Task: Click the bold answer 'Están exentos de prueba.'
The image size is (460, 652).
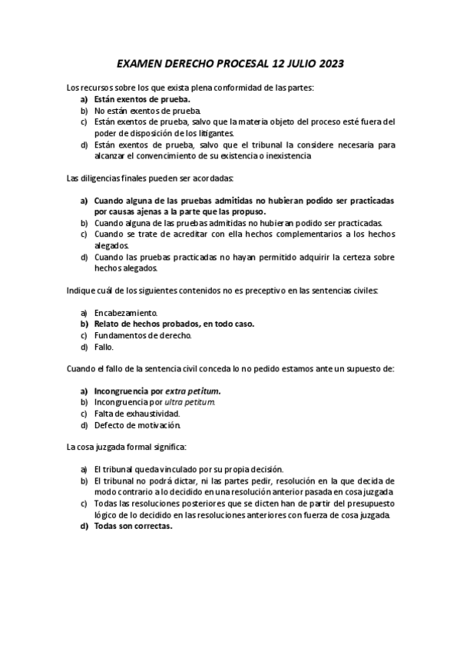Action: (x=142, y=99)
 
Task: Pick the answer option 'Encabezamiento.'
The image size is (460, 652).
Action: (x=126, y=313)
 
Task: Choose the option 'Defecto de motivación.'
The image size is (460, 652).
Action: (x=137, y=424)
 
